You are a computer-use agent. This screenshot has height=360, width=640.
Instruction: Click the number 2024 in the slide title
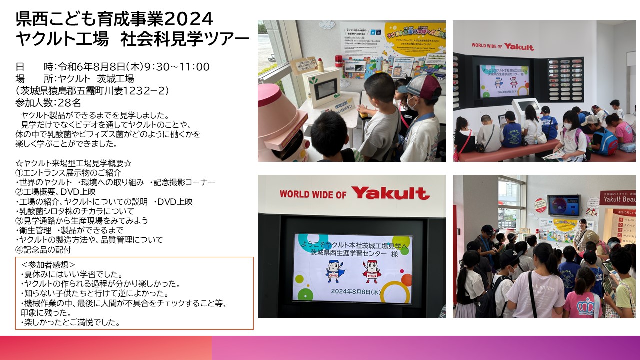(189, 19)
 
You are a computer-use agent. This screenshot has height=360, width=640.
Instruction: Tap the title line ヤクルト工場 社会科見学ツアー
(132, 39)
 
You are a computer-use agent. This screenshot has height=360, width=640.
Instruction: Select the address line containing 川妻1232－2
(93, 91)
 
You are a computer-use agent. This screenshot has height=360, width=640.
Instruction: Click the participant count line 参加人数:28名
(48, 103)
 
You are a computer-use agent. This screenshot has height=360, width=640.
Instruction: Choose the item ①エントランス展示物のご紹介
(68, 173)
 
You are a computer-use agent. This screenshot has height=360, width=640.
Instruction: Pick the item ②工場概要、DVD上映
(56, 192)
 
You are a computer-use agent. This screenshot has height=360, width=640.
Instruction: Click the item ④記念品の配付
(43, 249)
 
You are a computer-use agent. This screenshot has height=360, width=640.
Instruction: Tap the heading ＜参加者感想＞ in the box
(48, 264)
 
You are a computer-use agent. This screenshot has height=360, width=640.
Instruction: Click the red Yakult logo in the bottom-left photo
(390, 193)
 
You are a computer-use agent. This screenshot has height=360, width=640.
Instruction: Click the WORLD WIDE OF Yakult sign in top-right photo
(502, 46)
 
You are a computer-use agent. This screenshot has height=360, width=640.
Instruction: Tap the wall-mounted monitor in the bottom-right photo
(564, 205)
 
